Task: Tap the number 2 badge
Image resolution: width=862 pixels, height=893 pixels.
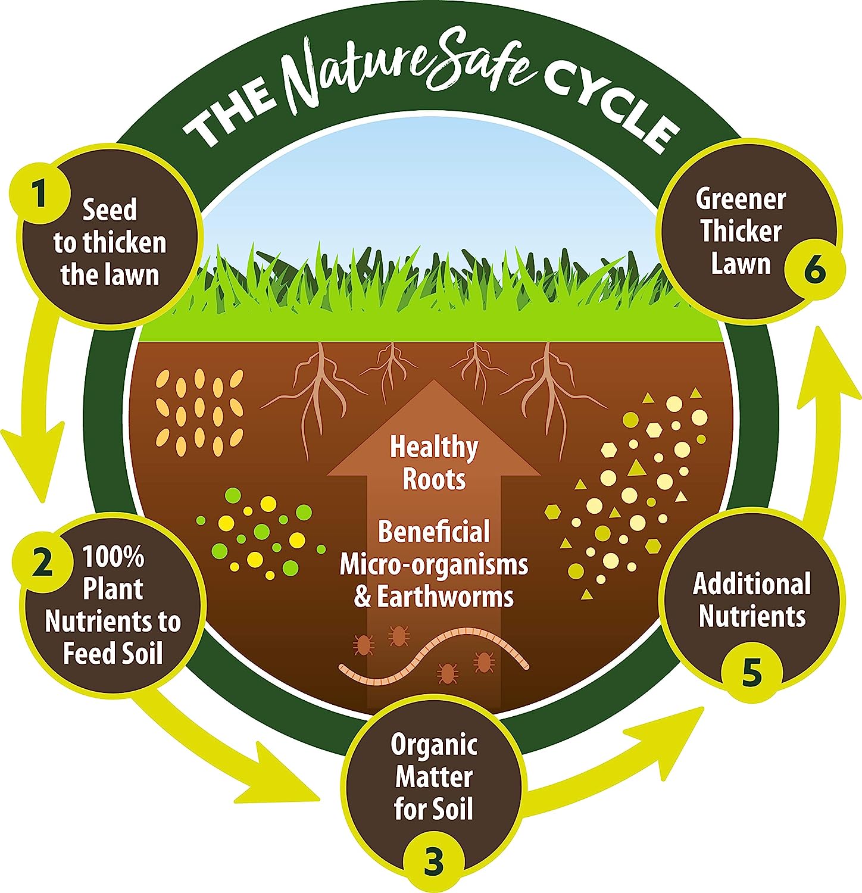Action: click(42, 562)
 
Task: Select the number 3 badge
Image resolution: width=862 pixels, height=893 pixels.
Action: click(433, 861)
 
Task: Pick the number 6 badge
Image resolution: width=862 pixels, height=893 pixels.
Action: click(815, 271)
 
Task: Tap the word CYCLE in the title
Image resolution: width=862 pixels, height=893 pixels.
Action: click(613, 113)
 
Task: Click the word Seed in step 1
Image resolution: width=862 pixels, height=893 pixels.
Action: click(110, 210)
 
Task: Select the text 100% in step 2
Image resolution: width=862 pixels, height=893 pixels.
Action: click(113, 557)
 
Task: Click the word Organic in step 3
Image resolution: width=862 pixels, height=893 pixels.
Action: click(434, 745)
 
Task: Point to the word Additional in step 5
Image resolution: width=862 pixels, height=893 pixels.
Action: click(752, 584)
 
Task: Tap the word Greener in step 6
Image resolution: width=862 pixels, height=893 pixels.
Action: click(741, 199)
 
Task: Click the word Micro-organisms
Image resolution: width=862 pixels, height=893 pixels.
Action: click(434, 564)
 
